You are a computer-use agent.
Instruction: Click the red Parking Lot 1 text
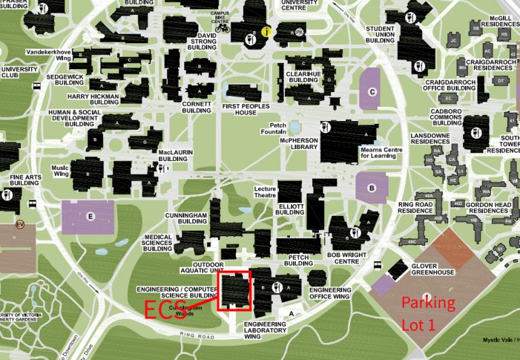click(428, 313)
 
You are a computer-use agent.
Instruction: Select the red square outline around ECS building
click(234, 271)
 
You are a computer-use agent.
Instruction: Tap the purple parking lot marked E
click(90, 217)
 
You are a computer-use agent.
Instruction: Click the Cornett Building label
click(197, 106)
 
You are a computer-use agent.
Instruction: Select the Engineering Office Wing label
click(330, 293)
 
